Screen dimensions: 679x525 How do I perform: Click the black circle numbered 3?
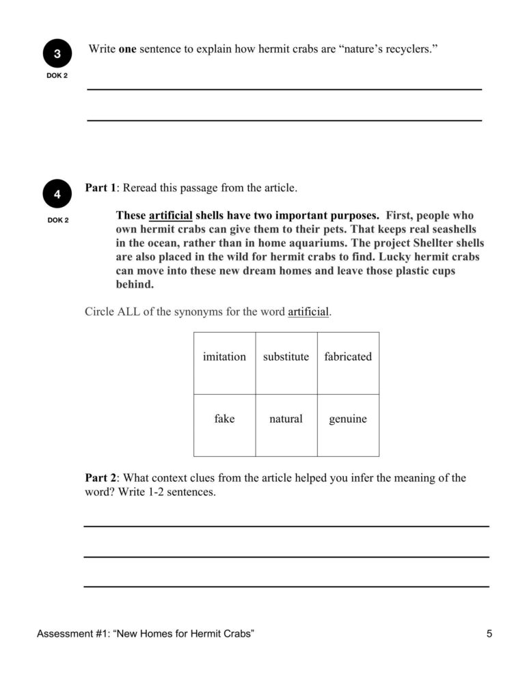click(57, 54)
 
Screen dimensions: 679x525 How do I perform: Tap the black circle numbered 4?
click(57, 195)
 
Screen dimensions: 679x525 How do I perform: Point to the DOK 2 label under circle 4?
click(57, 220)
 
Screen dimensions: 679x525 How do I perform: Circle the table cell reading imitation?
click(224, 357)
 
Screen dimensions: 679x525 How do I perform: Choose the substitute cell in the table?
click(286, 357)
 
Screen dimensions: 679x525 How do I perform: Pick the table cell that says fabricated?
click(348, 357)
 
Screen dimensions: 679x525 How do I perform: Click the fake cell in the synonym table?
click(224, 419)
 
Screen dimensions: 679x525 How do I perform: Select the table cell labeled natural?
click(286, 419)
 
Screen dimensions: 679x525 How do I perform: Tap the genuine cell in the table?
click(348, 419)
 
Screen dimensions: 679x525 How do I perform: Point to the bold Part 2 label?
click(100, 478)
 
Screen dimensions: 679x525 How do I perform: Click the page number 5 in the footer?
click(489, 634)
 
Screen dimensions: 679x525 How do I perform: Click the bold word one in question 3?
click(128, 50)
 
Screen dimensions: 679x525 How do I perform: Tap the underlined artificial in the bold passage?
click(170, 215)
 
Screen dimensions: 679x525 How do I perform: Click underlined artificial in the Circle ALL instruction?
click(308, 312)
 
